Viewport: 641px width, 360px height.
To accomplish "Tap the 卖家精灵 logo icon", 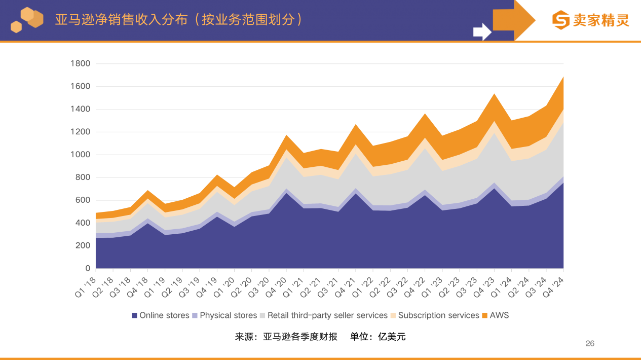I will click(560, 20).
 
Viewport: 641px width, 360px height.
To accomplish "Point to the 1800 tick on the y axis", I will click(81, 64).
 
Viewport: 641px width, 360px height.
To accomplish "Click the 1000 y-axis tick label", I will click(81, 155).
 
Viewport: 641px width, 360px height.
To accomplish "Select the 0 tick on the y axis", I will click(88, 268).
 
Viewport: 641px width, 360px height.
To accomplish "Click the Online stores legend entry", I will click(160, 315).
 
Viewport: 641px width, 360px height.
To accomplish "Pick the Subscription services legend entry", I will click(434, 315).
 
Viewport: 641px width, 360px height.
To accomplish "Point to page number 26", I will click(590, 343).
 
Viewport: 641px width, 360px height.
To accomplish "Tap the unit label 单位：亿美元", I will click(378, 337).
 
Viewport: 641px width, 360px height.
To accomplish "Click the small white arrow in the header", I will click(482, 31).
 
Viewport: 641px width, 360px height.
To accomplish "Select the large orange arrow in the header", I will click(513, 20).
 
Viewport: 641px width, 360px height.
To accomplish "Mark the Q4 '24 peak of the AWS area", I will click(563, 78).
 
